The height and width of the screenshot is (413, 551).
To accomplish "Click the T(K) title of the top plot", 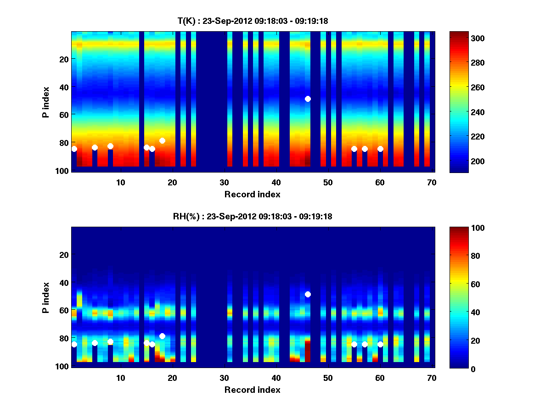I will click(x=253, y=21).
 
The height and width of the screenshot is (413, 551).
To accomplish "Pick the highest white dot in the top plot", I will click(x=308, y=99).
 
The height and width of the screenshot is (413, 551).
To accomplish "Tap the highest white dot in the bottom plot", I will click(x=308, y=294).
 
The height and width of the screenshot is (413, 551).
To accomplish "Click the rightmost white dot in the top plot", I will click(x=380, y=149).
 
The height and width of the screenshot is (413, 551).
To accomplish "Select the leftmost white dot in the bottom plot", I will click(x=74, y=344).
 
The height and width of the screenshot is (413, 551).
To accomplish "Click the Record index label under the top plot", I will click(x=252, y=195).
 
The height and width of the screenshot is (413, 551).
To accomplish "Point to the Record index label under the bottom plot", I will click(x=252, y=390).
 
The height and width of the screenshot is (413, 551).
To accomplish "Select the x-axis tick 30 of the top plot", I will click(x=224, y=182).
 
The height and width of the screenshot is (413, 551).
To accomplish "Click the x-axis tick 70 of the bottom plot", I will click(x=432, y=378).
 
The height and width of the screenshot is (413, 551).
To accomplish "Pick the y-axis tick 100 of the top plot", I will click(x=63, y=171).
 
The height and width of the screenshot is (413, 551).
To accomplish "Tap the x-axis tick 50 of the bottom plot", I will click(x=328, y=378).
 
